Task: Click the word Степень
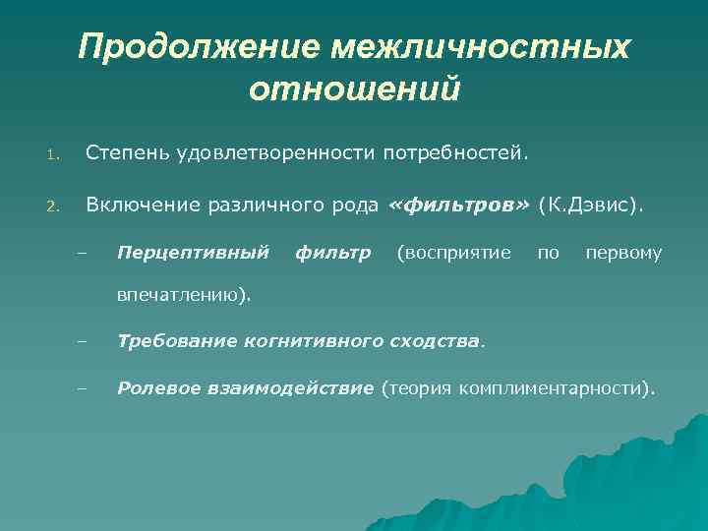pos(126,153)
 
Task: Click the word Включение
pos(142,206)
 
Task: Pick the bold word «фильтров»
pos(459,206)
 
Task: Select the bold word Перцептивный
pos(193,254)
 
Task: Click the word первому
pos(623,254)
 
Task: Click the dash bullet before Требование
pos(82,343)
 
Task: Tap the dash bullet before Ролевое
pos(82,390)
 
